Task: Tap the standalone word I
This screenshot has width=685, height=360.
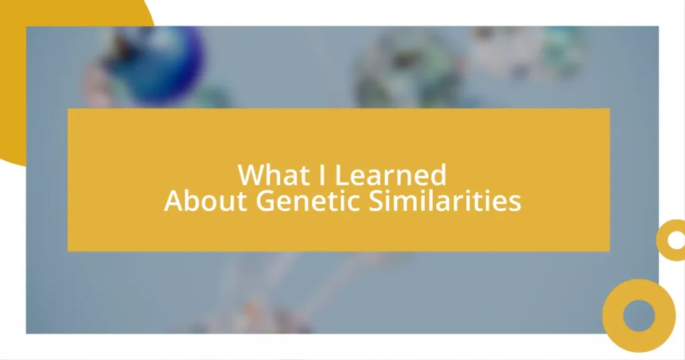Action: click(x=322, y=175)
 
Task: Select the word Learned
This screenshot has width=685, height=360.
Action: click(x=390, y=175)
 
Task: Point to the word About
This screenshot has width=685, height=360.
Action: click(x=205, y=201)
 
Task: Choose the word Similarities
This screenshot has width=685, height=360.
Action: click(x=445, y=201)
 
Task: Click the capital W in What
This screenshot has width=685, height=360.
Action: click(x=250, y=175)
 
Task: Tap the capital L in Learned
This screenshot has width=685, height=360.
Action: click(x=340, y=175)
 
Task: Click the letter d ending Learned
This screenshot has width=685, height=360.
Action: click(x=439, y=175)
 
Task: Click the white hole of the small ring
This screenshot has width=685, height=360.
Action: click(x=676, y=240)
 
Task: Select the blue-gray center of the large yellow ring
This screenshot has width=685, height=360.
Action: click(x=639, y=315)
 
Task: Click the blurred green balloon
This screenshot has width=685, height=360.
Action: click(x=409, y=70)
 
